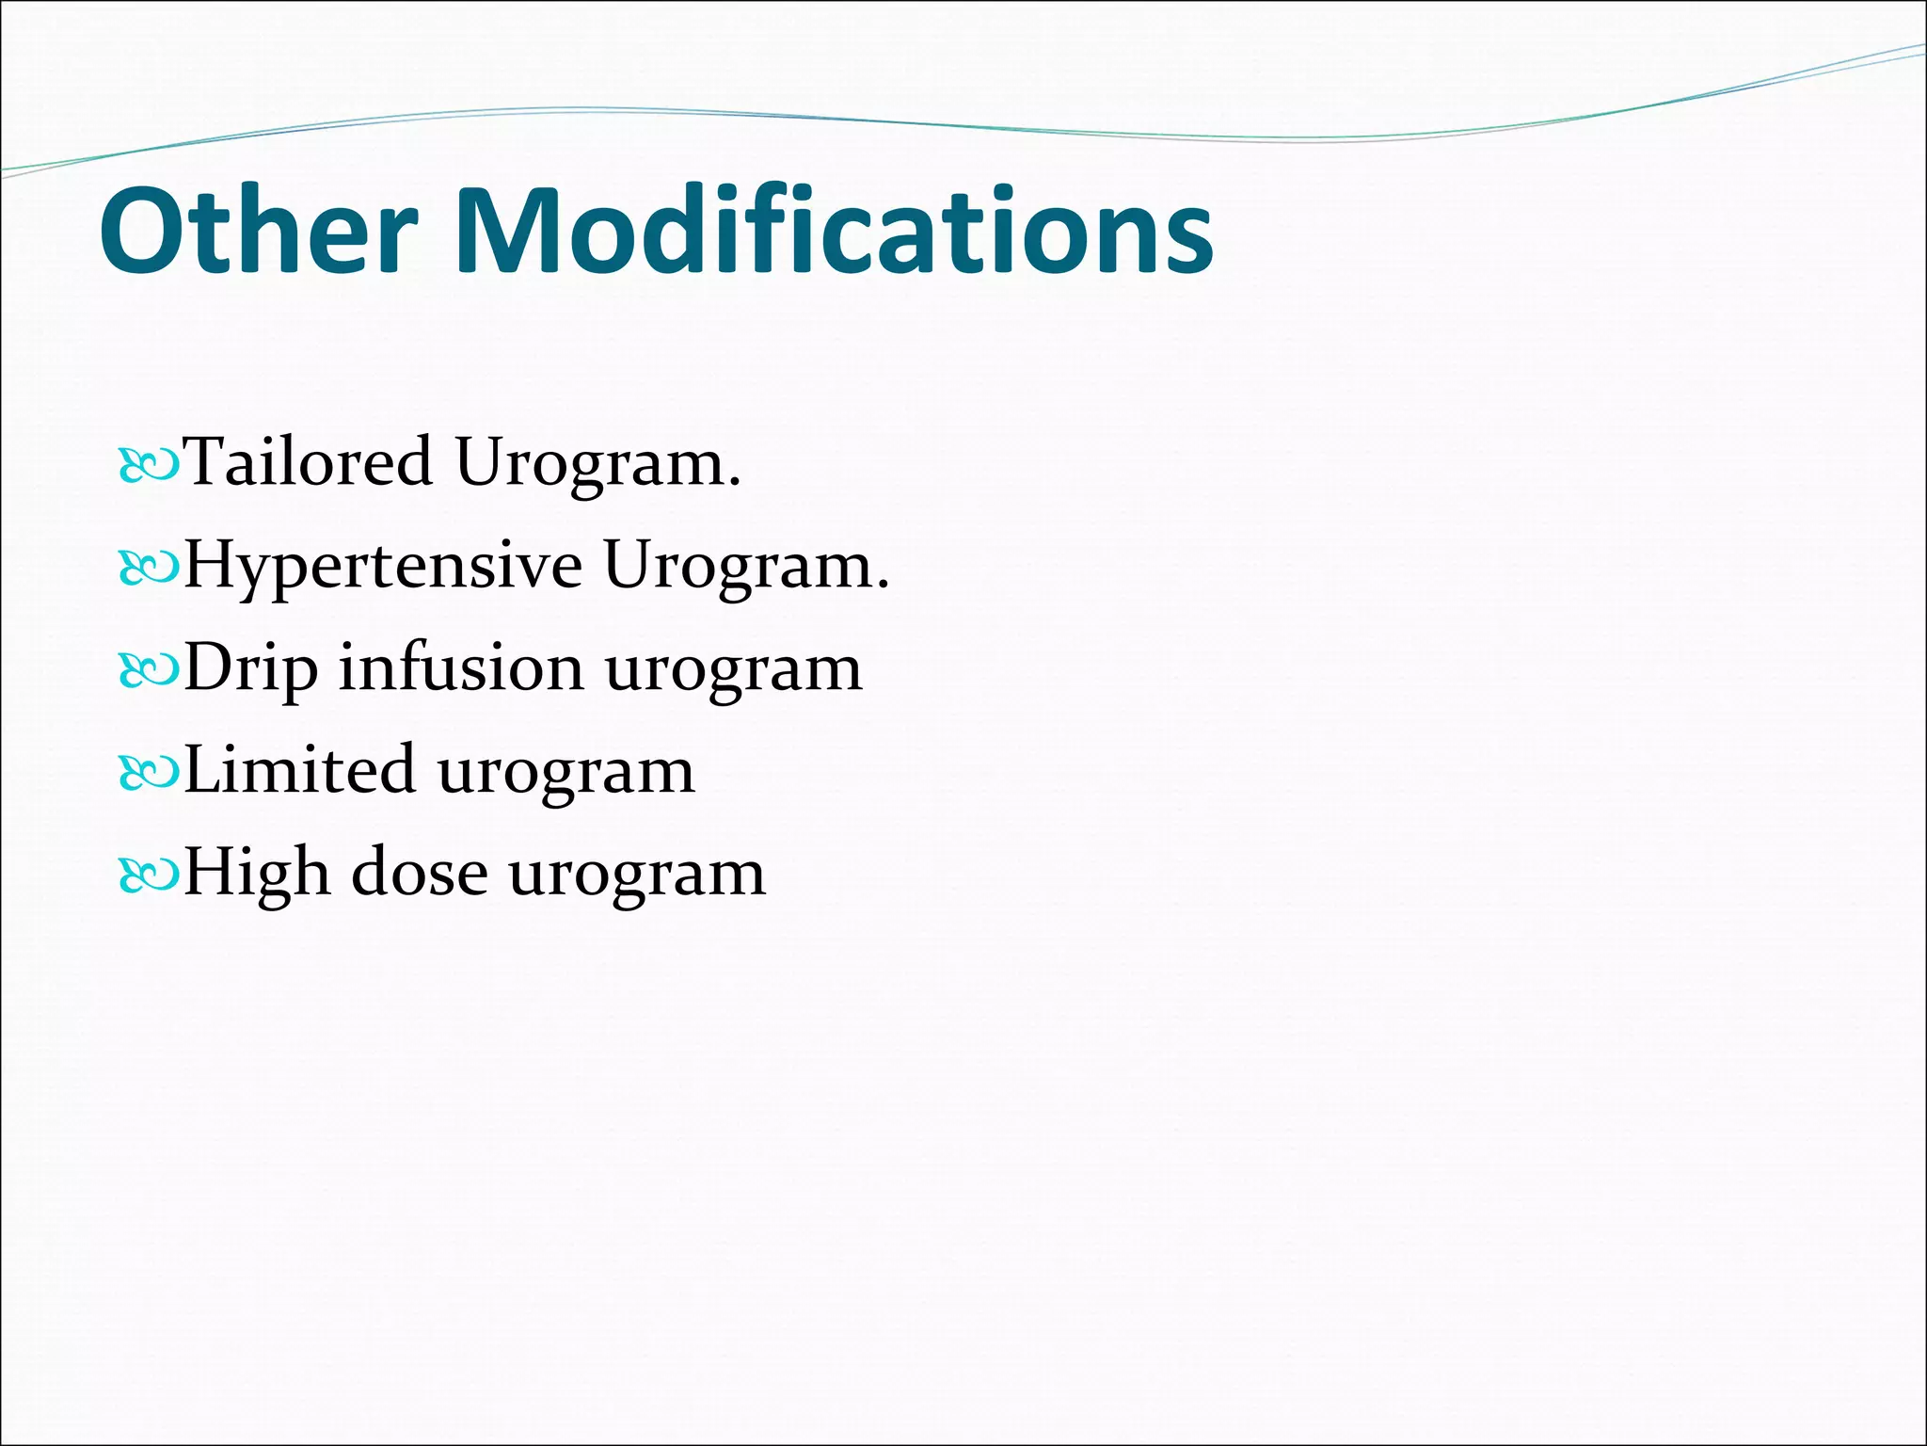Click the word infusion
pyautogui.click(x=461, y=667)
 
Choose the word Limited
pyautogui.click(x=298, y=770)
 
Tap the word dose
pyautogui.click(x=420, y=873)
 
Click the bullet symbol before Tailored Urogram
pyautogui.click(x=149, y=466)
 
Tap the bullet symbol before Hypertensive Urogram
pyautogui.click(x=149, y=568)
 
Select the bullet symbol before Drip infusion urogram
pyautogui.click(x=149, y=670)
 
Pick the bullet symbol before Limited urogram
pyautogui.click(x=149, y=773)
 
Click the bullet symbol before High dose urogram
pyautogui.click(x=149, y=876)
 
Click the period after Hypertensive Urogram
pyautogui.click(x=882, y=586)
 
